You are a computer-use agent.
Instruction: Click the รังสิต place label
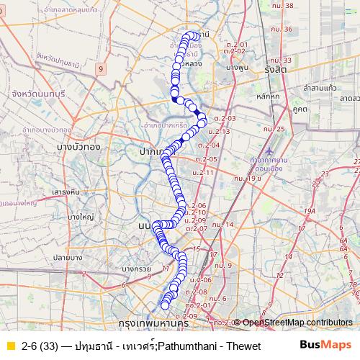pyautogui.click(x=275, y=70)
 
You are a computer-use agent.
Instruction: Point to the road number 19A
pyautogui.click(x=310, y=210)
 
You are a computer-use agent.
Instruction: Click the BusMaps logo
pyautogui.click(x=325, y=345)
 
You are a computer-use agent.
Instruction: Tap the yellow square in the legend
pyautogui.click(x=9, y=346)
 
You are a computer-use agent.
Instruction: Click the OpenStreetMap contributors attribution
pyautogui.click(x=297, y=323)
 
